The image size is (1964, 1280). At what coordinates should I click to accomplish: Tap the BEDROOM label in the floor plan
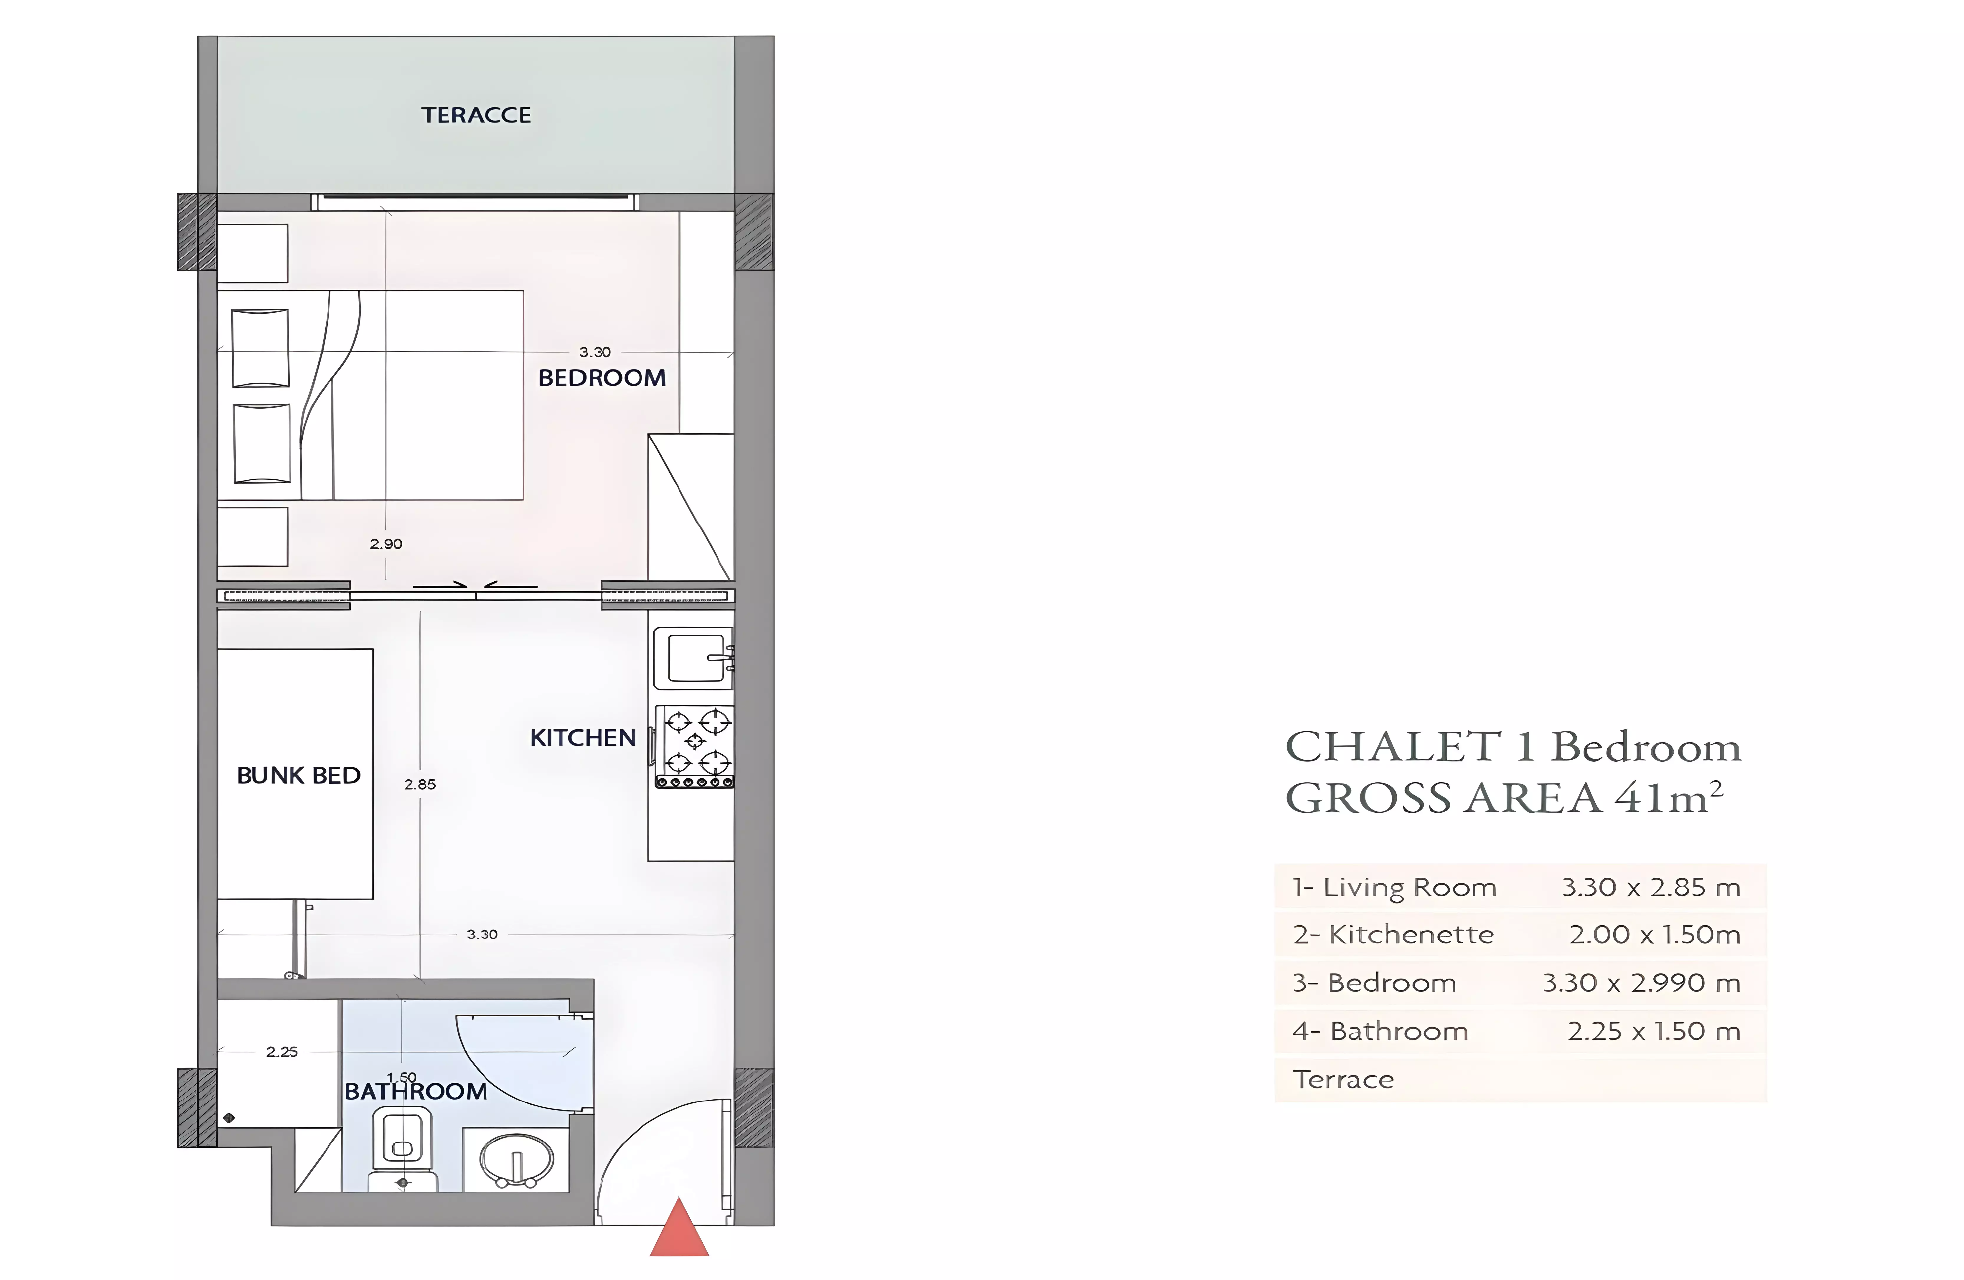pyautogui.click(x=602, y=378)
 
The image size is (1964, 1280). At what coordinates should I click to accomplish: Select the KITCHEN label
pyautogui.click(x=583, y=738)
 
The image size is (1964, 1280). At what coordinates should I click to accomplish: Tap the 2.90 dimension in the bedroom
pyautogui.click(x=385, y=544)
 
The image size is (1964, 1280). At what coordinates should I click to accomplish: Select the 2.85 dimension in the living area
pyautogui.click(x=420, y=784)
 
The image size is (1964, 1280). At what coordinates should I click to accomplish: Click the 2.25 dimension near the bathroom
pyautogui.click(x=281, y=1051)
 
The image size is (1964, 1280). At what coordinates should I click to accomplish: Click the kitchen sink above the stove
pyautogui.click(x=693, y=658)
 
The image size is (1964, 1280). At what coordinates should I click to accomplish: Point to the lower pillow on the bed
pyautogui.click(x=262, y=443)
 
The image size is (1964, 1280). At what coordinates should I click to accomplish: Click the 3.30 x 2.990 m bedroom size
pyautogui.click(x=1640, y=983)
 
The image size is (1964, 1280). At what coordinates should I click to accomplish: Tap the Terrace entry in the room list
pyautogui.click(x=1343, y=1079)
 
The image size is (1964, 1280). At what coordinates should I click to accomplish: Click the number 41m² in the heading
pyautogui.click(x=1669, y=797)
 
